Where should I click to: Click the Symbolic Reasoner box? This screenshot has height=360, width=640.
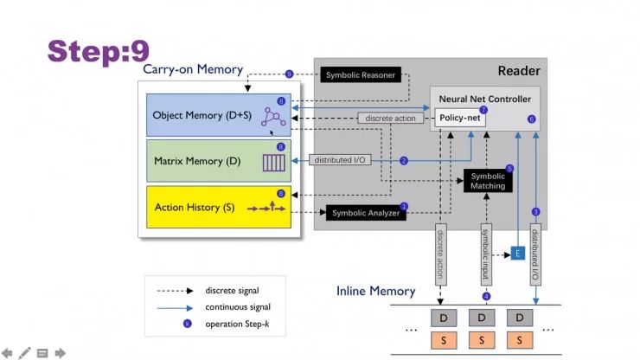361,74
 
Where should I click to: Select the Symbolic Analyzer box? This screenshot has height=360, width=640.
366,213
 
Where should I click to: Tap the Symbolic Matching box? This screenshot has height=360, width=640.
488,181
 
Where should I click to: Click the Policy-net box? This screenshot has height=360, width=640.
459,118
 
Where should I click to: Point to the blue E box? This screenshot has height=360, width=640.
517,254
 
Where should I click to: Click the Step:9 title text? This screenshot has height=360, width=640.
99,51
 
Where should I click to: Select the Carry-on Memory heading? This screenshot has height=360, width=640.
193,69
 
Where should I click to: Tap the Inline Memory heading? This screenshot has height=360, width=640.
375,291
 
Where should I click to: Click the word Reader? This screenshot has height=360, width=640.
519,71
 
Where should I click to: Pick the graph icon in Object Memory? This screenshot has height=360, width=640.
273,117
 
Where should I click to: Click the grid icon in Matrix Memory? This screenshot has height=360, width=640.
273,163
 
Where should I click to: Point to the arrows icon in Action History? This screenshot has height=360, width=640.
266,207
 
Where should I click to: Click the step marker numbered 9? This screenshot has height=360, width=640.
289,74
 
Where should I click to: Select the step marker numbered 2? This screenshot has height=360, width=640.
404,161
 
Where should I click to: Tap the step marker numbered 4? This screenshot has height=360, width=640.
486,296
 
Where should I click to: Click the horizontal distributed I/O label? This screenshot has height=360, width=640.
340,160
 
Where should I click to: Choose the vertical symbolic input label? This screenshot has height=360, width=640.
486,254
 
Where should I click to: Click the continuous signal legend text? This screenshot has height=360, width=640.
238,307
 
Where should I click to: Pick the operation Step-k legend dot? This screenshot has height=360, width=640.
188,324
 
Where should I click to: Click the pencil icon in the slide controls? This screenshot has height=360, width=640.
24,353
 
